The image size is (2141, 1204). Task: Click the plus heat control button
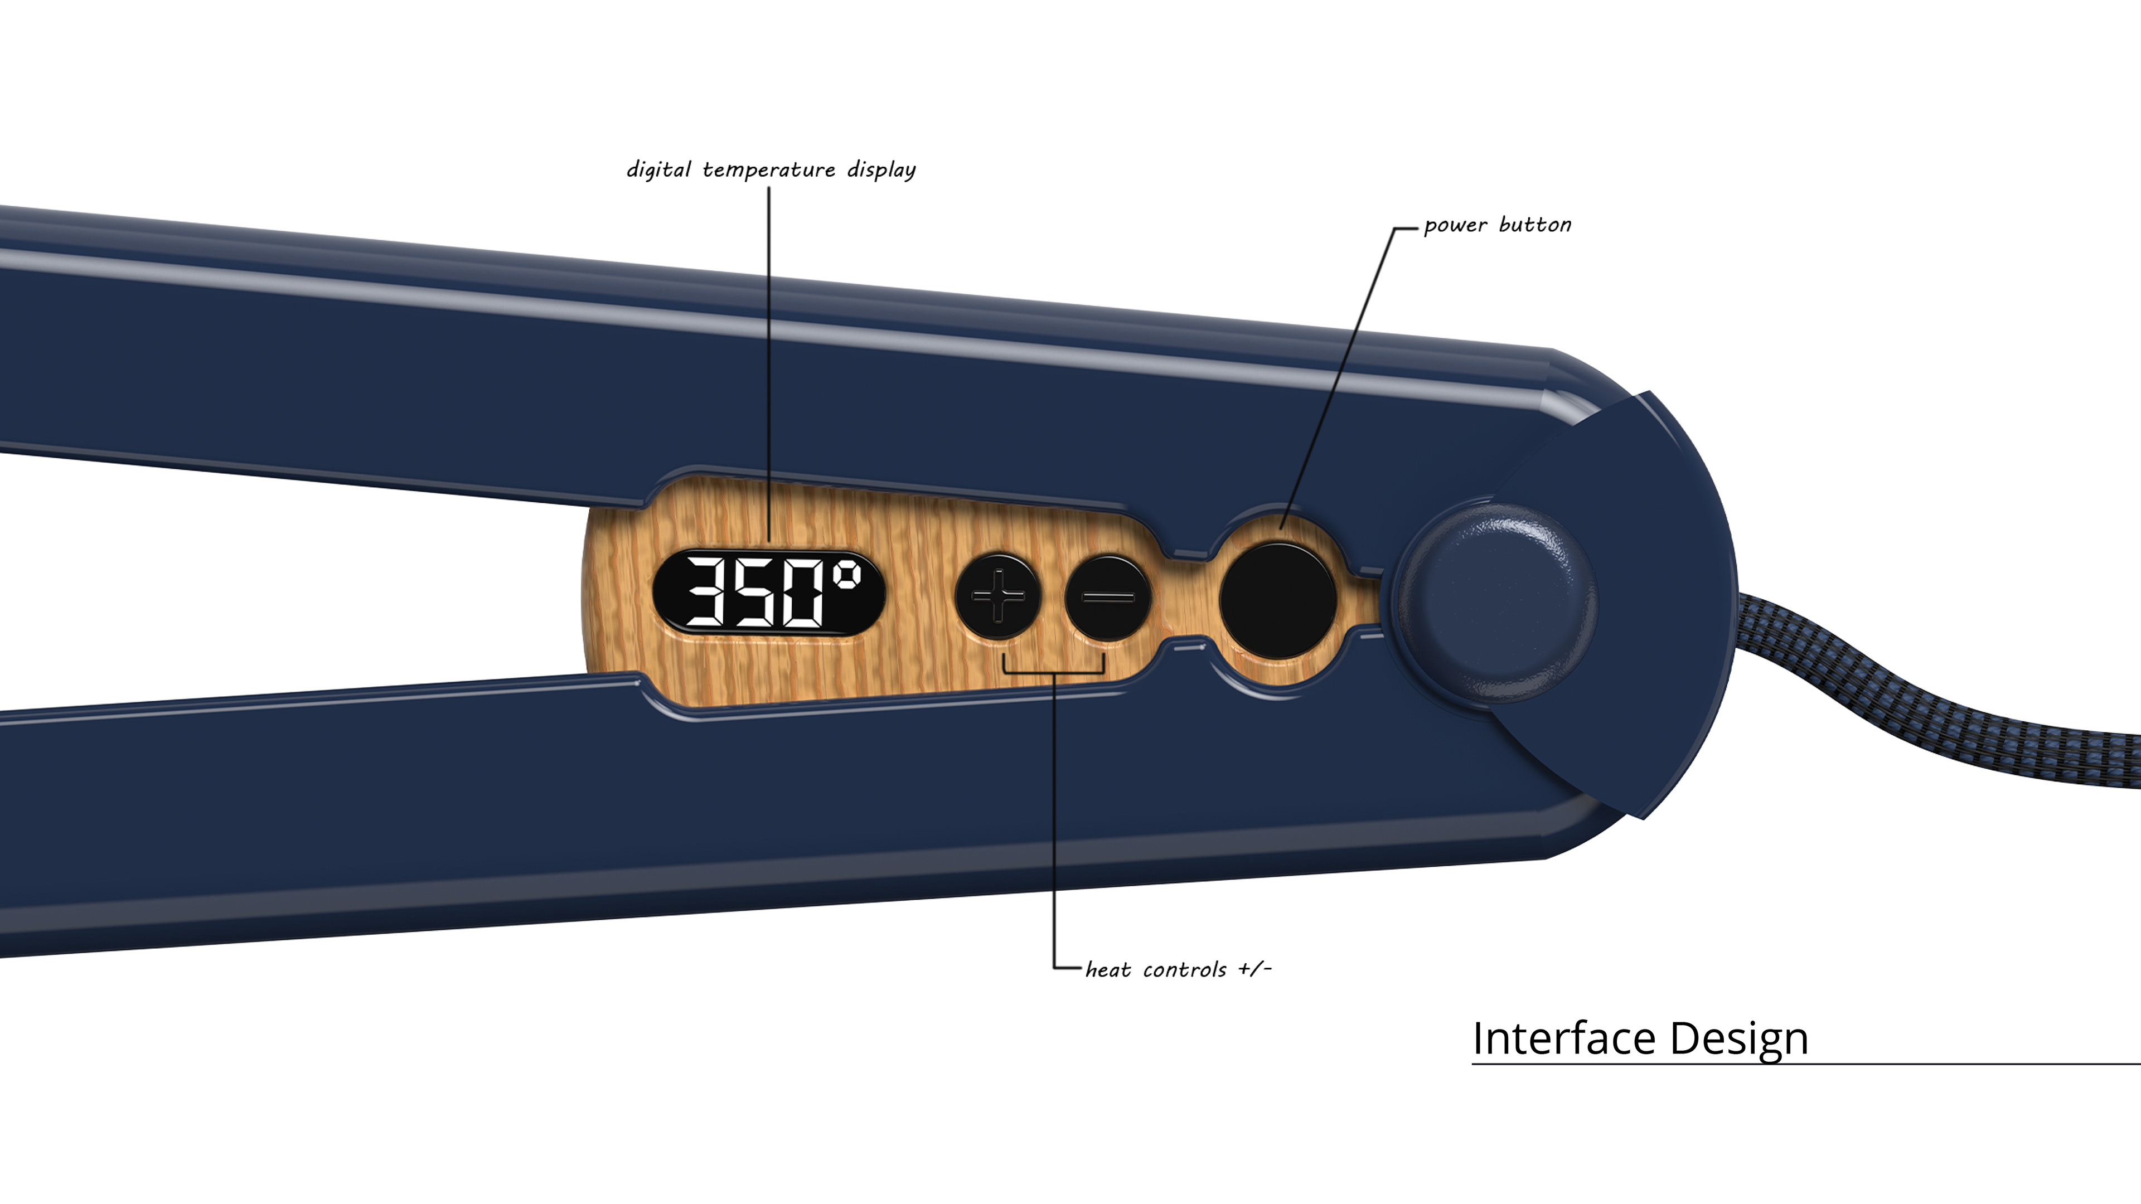pyautogui.click(x=998, y=596)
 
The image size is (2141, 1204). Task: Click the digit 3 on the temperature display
pyautogui.click(x=705, y=593)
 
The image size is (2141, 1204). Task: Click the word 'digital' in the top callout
pyautogui.click(x=658, y=169)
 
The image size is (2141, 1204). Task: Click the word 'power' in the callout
pyautogui.click(x=1455, y=226)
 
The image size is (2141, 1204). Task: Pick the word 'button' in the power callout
pyautogui.click(x=1535, y=225)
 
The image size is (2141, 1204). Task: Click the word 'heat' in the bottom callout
pyautogui.click(x=1108, y=970)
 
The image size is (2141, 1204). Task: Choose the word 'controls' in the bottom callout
pyautogui.click(x=1184, y=970)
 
